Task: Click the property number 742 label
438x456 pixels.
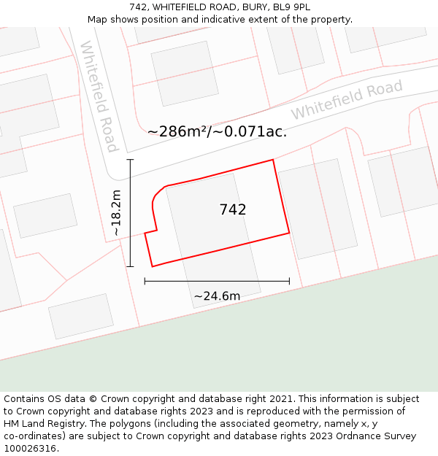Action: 233,209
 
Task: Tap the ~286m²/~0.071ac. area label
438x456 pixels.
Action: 217,131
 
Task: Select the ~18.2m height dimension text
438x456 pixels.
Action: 116,212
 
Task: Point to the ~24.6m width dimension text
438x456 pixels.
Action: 217,295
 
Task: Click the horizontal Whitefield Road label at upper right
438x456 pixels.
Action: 347,100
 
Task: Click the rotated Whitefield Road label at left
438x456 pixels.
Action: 99,96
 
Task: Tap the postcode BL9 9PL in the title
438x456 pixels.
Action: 292,7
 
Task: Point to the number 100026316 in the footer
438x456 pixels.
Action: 30,448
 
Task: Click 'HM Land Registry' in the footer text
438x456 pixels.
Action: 42,423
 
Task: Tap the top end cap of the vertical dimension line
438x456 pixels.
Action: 131,159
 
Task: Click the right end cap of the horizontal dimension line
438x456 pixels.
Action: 290,280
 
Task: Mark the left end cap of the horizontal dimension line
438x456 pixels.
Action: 145,280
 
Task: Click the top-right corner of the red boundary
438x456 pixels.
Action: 273,160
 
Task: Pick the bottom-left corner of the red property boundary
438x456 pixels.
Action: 152,266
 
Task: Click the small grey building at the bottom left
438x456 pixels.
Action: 81,316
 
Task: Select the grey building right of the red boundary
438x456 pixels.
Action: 318,208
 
